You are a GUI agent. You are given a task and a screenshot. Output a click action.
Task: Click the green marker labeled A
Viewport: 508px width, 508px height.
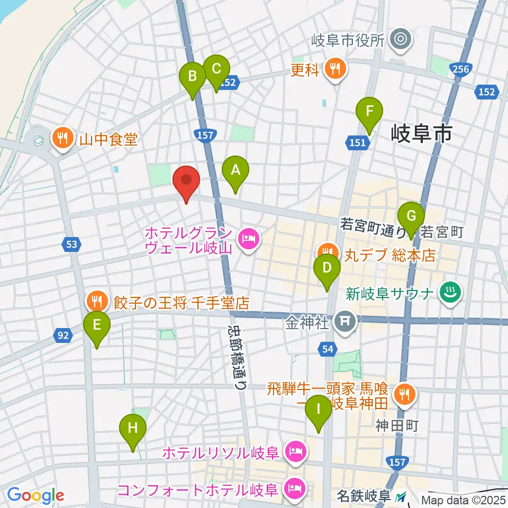(235, 171)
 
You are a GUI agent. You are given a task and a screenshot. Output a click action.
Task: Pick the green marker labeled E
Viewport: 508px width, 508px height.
(97, 325)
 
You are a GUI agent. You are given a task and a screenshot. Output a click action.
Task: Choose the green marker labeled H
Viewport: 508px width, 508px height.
(133, 428)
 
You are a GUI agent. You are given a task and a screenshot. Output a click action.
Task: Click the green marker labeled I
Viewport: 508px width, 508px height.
(319, 410)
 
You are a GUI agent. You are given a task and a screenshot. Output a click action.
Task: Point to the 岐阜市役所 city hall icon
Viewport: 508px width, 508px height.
(401, 40)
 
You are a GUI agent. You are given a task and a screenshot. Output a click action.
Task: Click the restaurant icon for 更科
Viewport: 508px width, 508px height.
(334, 68)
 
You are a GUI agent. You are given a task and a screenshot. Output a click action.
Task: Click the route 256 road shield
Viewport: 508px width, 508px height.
(458, 68)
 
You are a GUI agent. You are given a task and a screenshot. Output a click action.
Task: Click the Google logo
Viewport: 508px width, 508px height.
(35, 495)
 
